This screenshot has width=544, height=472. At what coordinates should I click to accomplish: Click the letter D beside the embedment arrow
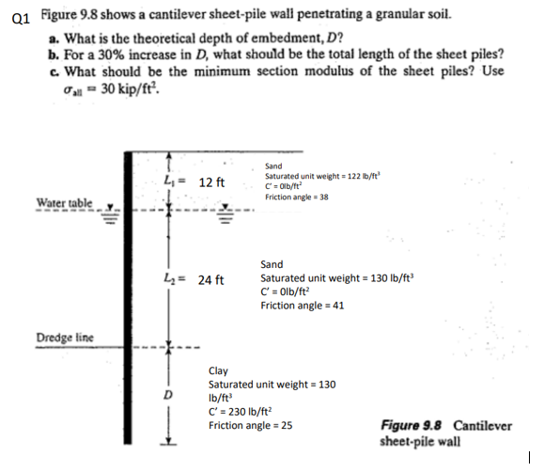[170, 394]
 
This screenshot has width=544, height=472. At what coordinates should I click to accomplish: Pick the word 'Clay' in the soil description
[218, 371]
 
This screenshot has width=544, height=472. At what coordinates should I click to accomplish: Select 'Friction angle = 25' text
[250, 425]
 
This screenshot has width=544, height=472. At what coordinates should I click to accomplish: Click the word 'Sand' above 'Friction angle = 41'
[272, 265]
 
